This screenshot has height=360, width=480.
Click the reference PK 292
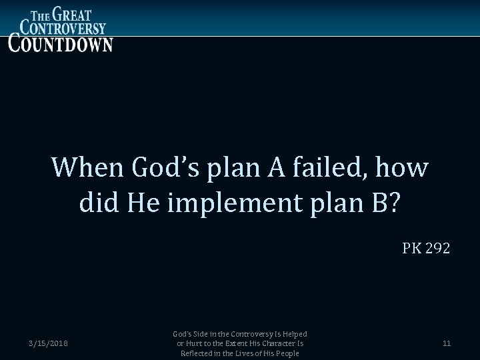[x=426, y=249]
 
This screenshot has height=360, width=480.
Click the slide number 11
[x=447, y=344]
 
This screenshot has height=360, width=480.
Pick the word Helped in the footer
[x=295, y=334]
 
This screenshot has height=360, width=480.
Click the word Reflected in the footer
[x=199, y=353]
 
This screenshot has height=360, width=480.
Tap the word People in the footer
[x=285, y=353]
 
